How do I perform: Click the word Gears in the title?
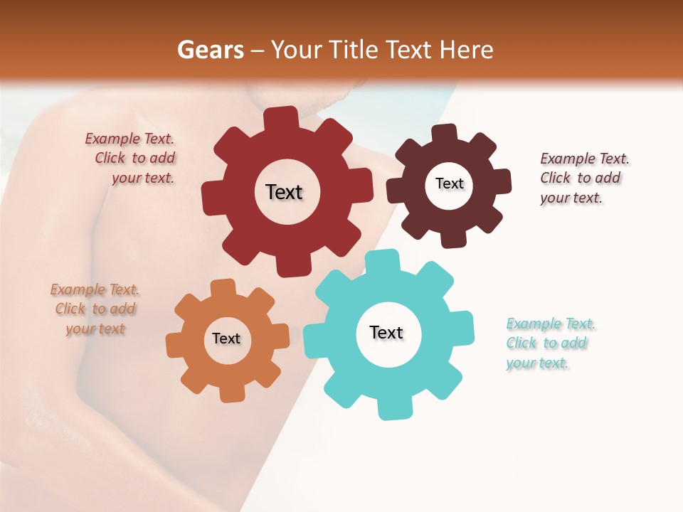pyautogui.click(x=211, y=50)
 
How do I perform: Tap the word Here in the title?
pyautogui.click(x=466, y=50)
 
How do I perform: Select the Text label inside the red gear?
pyautogui.click(x=284, y=192)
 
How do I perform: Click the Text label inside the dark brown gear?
pyautogui.click(x=449, y=183)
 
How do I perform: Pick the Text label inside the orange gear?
pyautogui.click(x=226, y=338)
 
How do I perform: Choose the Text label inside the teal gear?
pyautogui.click(x=386, y=332)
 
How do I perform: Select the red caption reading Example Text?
pyautogui.click(x=129, y=139)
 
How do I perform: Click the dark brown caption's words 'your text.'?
pyautogui.click(x=571, y=198)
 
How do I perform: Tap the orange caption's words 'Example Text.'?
pyautogui.click(x=95, y=290)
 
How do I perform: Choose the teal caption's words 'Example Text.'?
pyautogui.click(x=551, y=324)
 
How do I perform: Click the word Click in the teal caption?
pyautogui.click(x=521, y=343)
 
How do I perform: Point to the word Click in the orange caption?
pyautogui.click(x=70, y=309)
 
